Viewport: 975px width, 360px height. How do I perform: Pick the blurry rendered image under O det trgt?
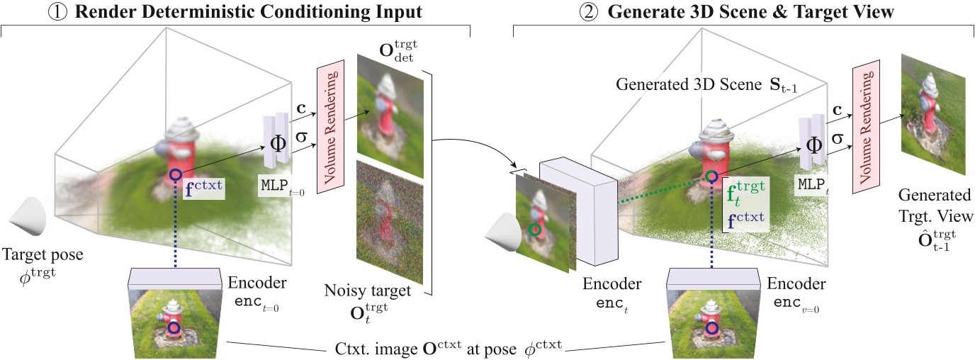390,117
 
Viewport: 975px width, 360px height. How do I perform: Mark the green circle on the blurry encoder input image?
536,230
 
